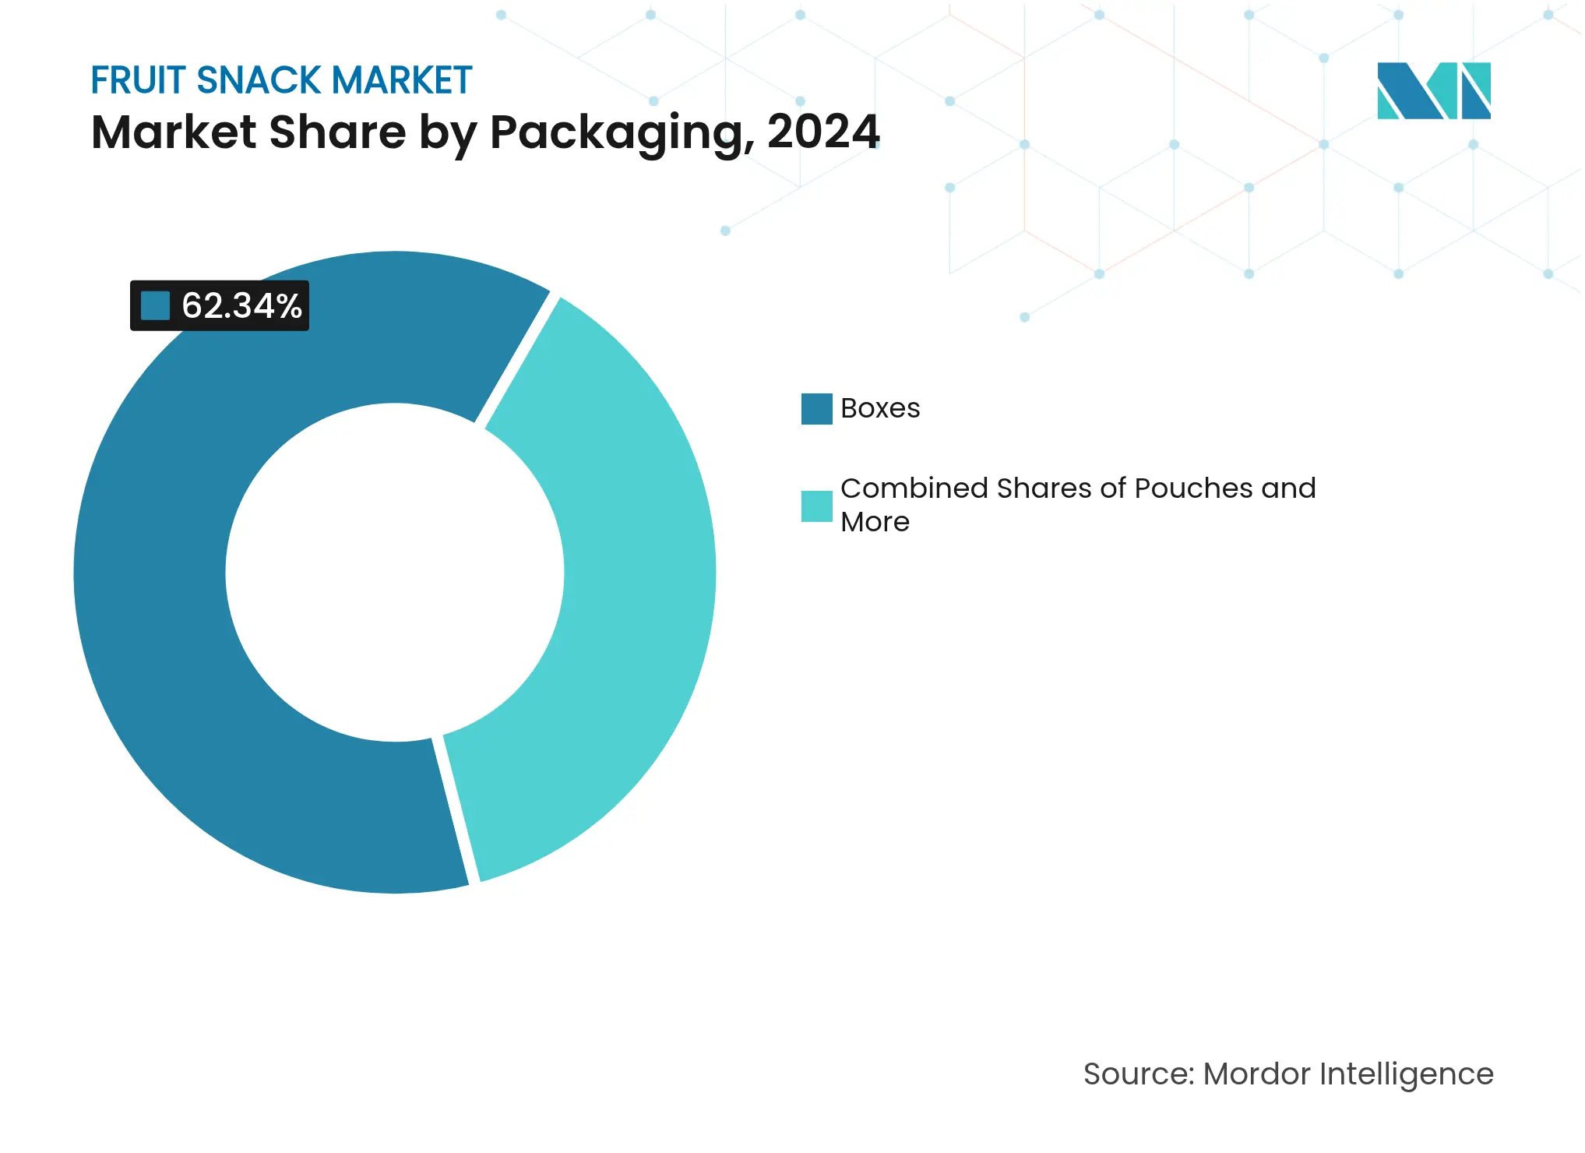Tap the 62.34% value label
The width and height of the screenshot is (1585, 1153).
(x=241, y=306)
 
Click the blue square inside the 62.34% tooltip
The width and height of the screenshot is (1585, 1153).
(x=155, y=305)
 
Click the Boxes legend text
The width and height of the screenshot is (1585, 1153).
(x=880, y=408)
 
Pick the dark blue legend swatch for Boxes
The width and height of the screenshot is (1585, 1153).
(x=816, y=409)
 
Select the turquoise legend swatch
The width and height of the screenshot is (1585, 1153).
(x=816, y=506)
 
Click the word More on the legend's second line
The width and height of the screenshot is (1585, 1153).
(x=875, y=522)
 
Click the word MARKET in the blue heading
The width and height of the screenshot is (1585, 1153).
(x=402, y=80)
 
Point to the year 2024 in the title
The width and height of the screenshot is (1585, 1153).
(x=823, y=132)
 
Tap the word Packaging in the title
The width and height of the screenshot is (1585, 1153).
(x=622, y=132)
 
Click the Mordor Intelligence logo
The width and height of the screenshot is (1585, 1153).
(x=1433, y=90)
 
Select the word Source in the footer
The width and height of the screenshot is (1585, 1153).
(x=1138, y=1074)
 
